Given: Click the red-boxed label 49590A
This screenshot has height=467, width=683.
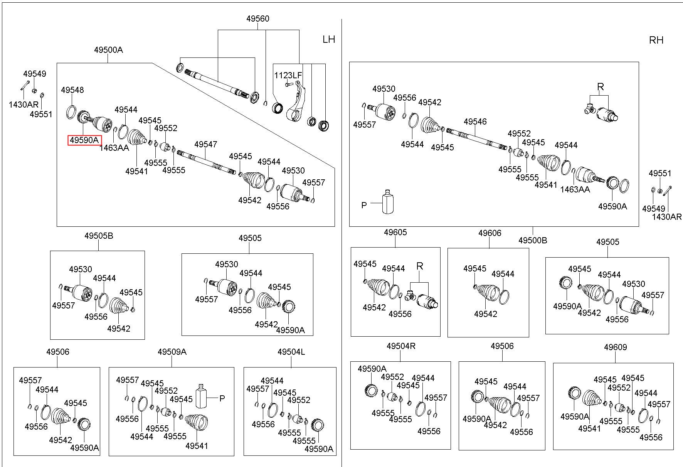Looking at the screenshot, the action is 84,140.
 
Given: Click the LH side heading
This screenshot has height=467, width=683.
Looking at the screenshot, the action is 329,39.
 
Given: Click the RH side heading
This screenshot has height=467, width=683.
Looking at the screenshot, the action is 656,40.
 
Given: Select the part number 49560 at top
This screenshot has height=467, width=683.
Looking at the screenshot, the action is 258,19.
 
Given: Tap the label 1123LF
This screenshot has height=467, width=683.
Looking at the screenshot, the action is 288,75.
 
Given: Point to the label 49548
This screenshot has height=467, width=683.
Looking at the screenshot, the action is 72,90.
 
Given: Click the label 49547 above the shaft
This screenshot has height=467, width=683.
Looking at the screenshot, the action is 205,144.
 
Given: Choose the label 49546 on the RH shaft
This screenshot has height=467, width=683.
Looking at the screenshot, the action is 475,121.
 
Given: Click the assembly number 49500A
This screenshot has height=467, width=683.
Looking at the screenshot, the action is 108,50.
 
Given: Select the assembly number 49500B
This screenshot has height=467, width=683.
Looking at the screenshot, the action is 533,240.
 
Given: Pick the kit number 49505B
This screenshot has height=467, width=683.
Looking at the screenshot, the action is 99,236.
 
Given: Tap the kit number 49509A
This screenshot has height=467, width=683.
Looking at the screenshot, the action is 172,352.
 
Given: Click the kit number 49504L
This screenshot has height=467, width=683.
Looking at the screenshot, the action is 291,352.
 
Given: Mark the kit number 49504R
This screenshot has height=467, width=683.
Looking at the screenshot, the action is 401,346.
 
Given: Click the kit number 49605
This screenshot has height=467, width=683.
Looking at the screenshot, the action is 395,232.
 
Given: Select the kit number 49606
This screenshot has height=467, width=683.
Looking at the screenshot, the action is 490,233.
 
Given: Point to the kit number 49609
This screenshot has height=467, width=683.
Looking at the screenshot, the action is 616,347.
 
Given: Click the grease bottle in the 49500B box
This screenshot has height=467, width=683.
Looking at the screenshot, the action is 388,202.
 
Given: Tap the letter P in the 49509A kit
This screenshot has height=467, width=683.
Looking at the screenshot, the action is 222,398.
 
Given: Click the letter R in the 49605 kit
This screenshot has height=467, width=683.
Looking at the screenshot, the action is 420,266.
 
